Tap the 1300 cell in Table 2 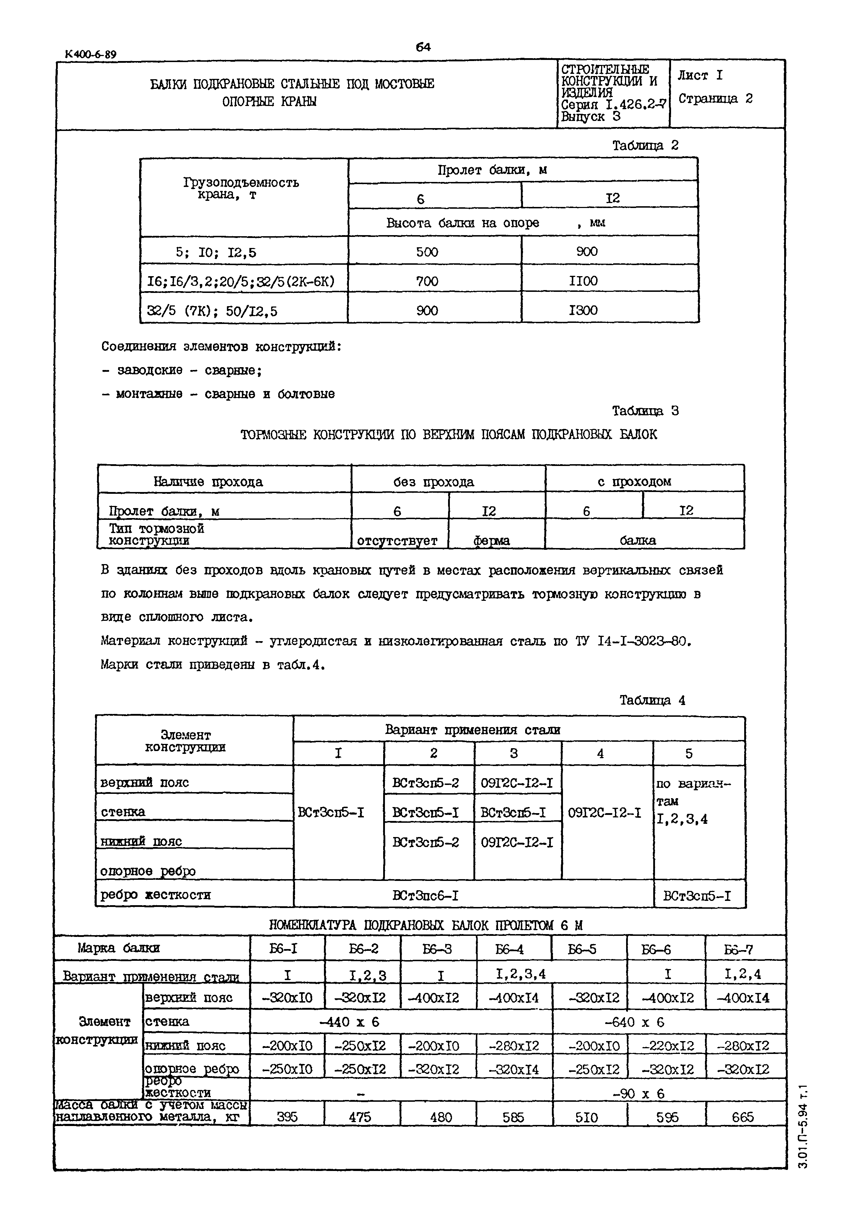[x=583, y=310]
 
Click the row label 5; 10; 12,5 [x=216, y=252]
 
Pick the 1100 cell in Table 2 [x=583, y=281]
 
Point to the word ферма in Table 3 [x=491, y=541]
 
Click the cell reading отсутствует [x=397, y=541]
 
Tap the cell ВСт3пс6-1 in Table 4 [x=425, y=895]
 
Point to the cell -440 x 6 [x=349, y=1022]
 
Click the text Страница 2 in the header [x=715, y=99]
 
